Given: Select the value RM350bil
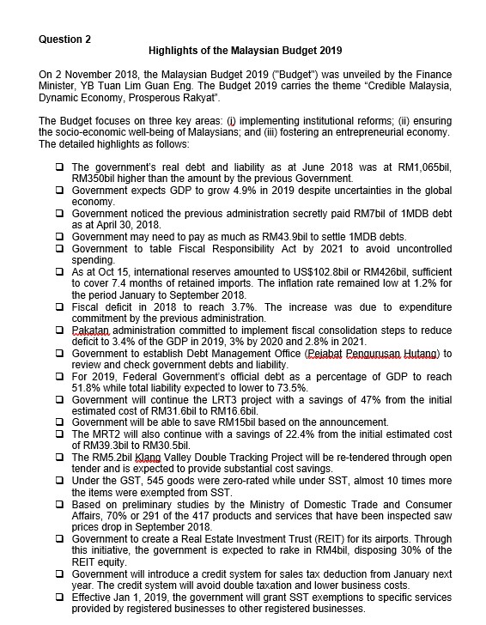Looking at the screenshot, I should click(x=97, y=178).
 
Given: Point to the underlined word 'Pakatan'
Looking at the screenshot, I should click(x=96, y=331).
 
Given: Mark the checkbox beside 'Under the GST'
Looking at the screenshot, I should click(x=58, y=481).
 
